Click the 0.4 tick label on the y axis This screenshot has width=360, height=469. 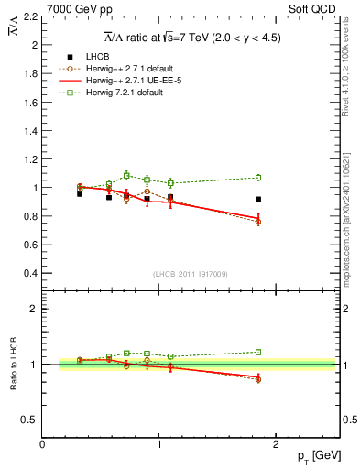[x=31, y=273]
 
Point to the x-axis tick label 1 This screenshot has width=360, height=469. [x=159, y=444]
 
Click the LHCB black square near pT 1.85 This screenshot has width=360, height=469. [x=258, y=199]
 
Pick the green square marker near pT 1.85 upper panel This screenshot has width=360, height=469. [x=258, y=178]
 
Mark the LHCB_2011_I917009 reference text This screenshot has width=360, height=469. [x=191, y=275]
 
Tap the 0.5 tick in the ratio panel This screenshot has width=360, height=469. [x=31, y=420]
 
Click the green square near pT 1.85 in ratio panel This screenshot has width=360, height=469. [x=258, y=352]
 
